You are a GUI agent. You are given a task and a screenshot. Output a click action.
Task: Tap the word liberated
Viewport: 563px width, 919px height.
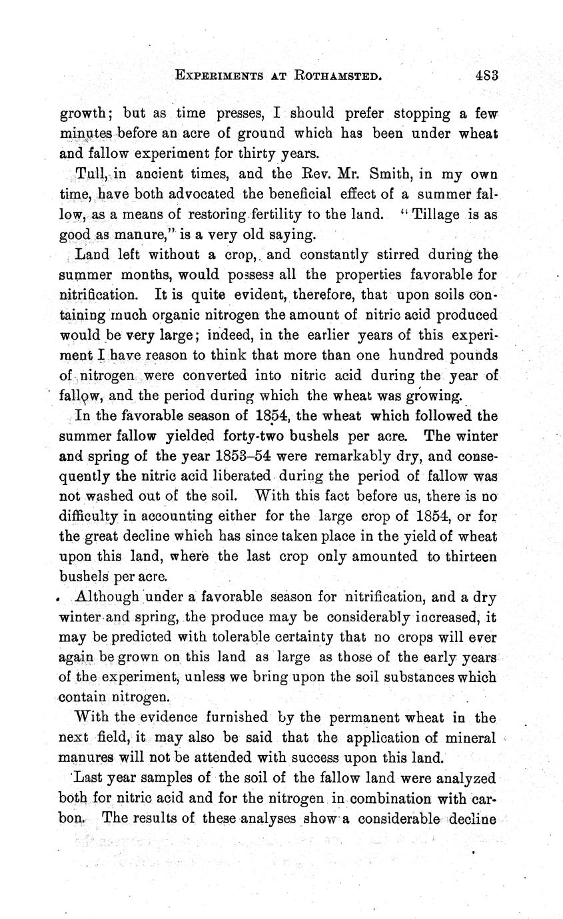coord(236,476)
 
